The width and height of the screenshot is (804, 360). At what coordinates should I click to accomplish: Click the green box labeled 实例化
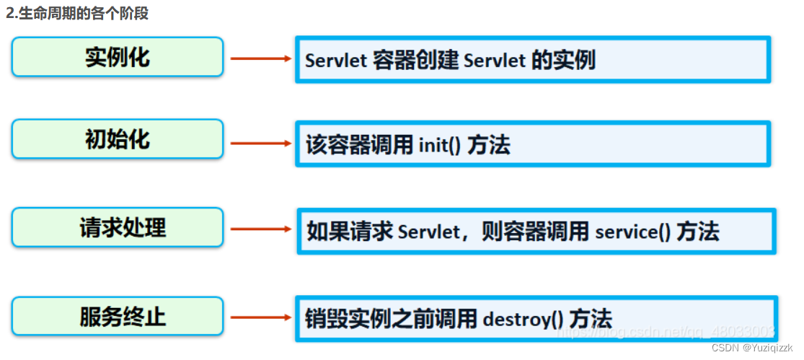click(x=117, y=57)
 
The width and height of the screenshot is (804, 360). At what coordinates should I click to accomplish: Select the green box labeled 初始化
click(x=117, y=139)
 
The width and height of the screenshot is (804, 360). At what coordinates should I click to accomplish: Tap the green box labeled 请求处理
click(x=117, y=227)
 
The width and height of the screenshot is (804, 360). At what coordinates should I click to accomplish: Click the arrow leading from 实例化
click(x=260, y=58)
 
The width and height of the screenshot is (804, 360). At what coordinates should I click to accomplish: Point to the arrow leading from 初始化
click(x=260, y=144)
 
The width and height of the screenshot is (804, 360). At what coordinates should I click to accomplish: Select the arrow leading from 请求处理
click(x=260, y=230)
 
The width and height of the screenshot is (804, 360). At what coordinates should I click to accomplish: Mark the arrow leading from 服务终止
click(x=260, y=317)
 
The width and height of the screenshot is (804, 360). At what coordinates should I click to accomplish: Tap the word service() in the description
click(x=633, y=232)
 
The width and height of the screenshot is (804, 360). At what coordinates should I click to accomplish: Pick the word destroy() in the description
click(x=522, y=318)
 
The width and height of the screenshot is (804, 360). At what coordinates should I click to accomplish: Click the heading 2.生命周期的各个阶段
click(x=76, y=13)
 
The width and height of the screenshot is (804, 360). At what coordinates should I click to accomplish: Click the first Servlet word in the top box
click(x=336, y=61)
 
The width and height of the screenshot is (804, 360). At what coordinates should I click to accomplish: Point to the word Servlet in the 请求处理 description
click(x=428, y=232)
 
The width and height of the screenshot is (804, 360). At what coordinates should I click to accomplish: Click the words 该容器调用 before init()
click(x=358, y=145)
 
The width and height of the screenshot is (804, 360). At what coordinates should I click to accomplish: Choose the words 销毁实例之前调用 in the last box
click(x=390, y=318)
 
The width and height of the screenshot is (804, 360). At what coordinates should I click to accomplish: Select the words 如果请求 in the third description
click(x=349, y=232)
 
